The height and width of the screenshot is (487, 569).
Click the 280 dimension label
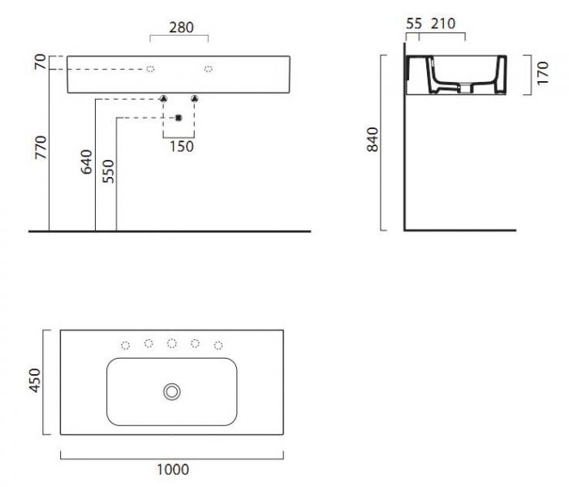(x=181, y=28)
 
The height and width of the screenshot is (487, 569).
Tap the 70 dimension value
(x=41, y=62)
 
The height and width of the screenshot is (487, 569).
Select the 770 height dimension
(x=41, y=148)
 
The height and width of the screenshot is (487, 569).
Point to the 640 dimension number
(x=86, y=162)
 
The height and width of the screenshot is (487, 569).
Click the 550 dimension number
(x=108, y=171)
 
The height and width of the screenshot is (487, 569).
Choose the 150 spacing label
(x=182, y=147)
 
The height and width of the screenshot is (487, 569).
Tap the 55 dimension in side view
(x=414, y=24)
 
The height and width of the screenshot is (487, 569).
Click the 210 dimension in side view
(x=442, y=24)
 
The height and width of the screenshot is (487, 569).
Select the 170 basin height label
(x=542, y=73)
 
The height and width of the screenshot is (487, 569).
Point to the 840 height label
(x=373, y=140)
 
